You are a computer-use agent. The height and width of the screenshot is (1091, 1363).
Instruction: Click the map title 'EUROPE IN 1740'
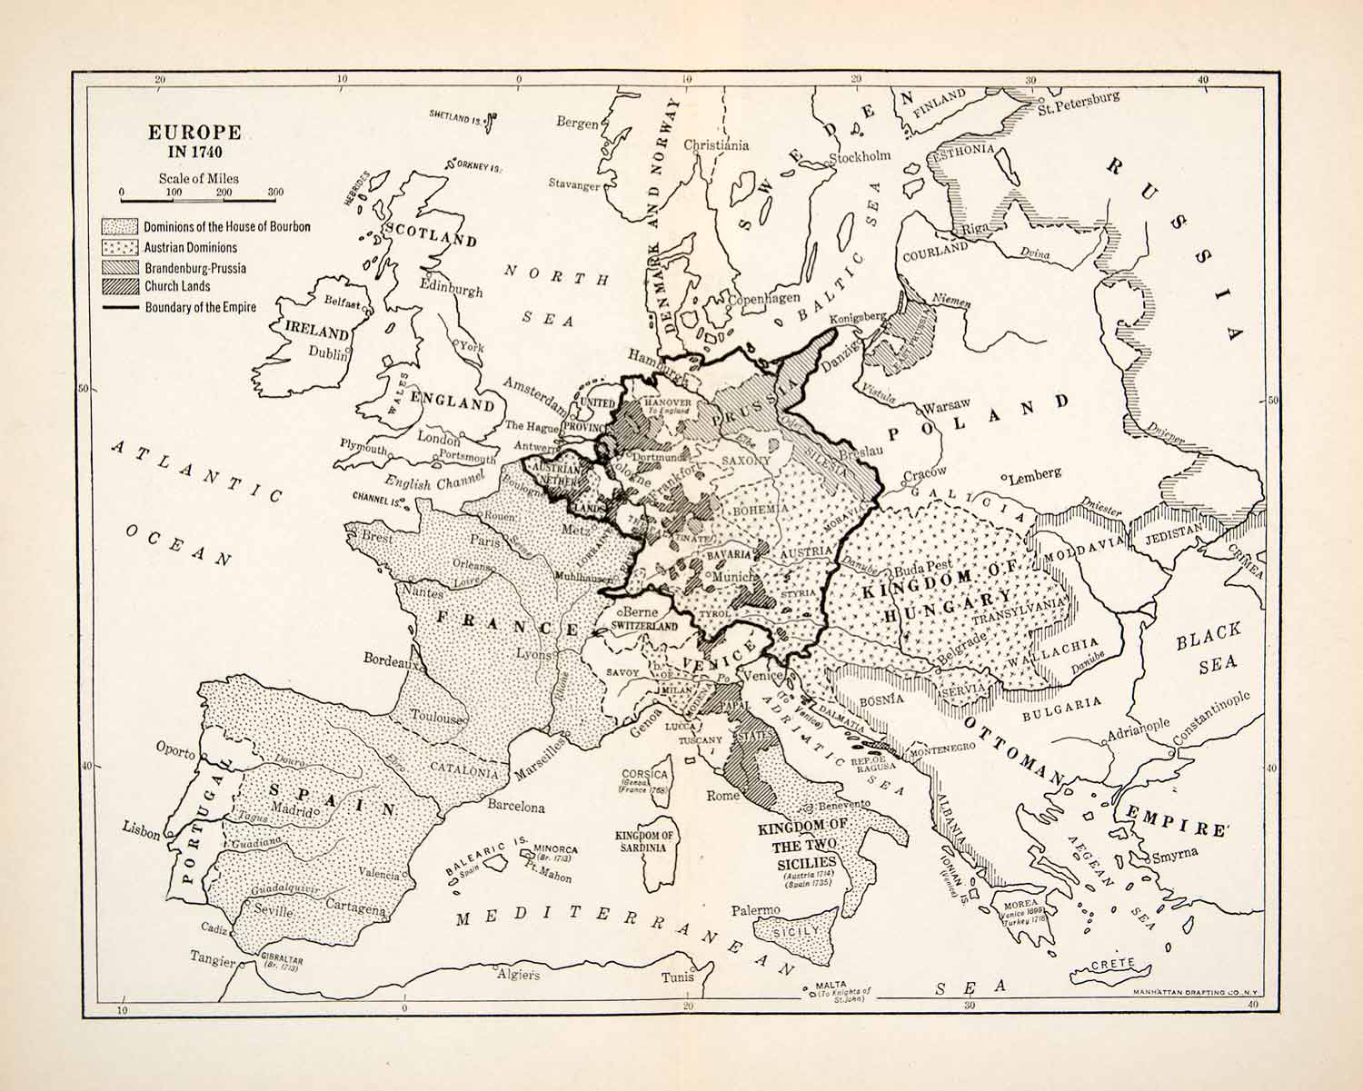point(194,142)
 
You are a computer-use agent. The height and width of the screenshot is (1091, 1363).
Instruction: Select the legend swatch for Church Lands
point(119,286)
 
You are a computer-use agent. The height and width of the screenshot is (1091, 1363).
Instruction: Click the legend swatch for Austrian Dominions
point(119,247)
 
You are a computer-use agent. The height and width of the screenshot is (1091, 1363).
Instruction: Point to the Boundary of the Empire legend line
point(119,308)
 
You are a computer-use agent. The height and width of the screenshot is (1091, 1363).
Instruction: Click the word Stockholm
point(859,156)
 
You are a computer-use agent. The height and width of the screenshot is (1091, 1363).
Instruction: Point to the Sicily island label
point(796,931)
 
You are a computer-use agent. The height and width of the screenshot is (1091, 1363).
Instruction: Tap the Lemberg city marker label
point(1034,474)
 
